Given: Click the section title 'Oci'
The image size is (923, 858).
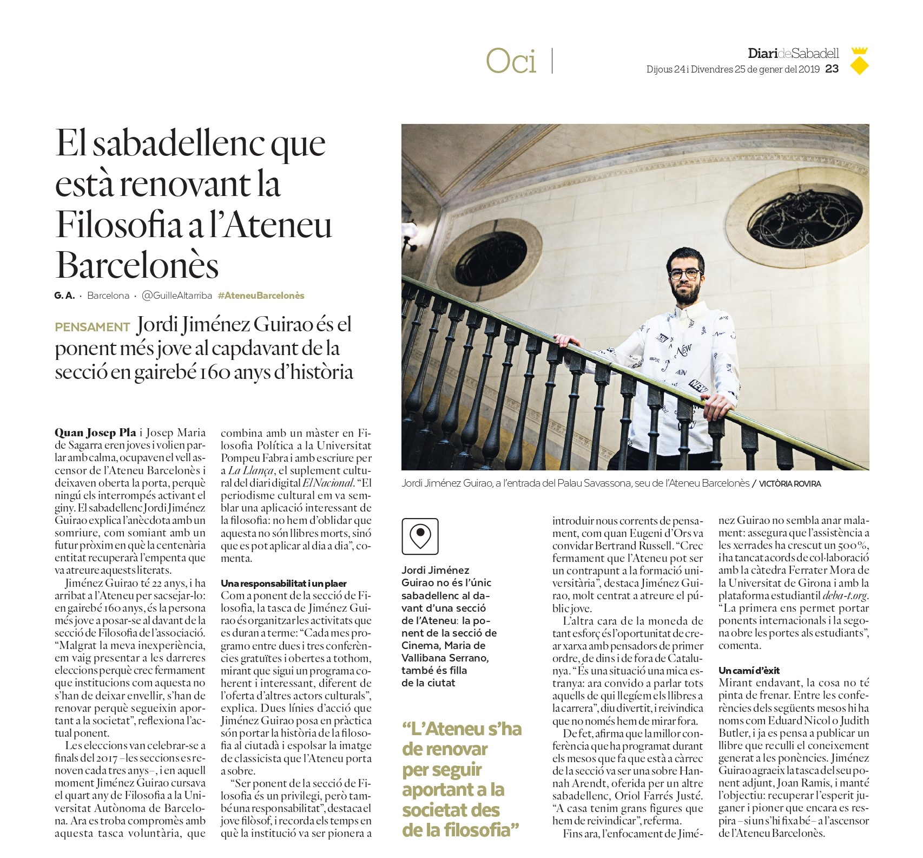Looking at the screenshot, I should click(511, 61).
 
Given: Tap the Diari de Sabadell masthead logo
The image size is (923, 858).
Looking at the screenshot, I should click(793, 53).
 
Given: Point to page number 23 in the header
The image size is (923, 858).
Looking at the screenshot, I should click(832, 69).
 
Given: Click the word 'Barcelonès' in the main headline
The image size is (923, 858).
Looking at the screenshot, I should click(137, 265).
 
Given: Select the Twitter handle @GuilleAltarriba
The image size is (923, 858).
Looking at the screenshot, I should click(176, 296).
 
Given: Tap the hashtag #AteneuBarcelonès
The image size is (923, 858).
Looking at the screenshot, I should click(261, 296).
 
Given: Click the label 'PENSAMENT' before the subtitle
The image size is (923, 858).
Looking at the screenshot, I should click(92, 327).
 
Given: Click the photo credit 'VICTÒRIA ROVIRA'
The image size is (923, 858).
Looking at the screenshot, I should click(789, 484).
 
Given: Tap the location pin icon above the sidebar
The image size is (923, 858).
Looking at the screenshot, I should click(420, 536).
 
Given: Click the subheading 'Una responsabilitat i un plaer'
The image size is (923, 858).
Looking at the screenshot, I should click(284, 583).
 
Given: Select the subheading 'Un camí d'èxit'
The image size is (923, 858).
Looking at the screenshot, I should click(749, 670).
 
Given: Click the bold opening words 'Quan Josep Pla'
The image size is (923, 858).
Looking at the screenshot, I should click(95, 433).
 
